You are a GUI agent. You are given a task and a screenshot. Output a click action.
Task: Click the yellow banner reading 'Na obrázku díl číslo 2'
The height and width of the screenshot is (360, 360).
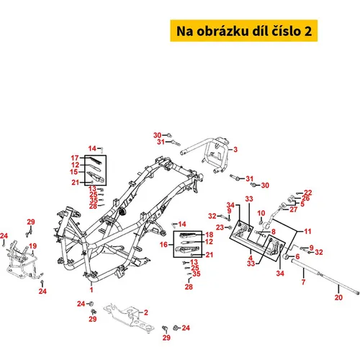[244, 31]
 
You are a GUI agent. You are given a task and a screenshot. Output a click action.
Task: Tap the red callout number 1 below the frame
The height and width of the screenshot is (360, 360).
[91, 289]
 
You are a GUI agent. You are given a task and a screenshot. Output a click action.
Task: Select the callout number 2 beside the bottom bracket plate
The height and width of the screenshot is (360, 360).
[146, 312]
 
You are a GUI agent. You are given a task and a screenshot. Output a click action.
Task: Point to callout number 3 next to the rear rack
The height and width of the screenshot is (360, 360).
[235, 149]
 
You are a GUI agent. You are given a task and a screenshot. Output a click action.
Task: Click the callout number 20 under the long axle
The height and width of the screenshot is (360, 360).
[338, 297]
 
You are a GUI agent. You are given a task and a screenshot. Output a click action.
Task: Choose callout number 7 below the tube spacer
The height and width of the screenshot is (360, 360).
[303, 282]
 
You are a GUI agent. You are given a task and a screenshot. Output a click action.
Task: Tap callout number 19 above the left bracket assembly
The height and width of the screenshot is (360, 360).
[33, 246]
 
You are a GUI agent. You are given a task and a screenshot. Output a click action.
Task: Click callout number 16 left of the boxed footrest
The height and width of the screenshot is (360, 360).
[163, 245]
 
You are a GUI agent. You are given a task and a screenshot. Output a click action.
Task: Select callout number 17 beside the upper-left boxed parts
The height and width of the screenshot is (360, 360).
[75, 158]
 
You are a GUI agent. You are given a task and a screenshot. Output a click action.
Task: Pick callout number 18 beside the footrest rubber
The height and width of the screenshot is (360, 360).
[210, 235]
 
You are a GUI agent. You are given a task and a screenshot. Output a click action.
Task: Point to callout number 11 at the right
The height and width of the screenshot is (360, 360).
[307, 231]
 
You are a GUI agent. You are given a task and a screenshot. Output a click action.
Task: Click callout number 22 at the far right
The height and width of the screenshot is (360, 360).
[308, 192]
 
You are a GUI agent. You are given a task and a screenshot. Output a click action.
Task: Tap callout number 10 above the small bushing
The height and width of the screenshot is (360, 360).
[261, 213]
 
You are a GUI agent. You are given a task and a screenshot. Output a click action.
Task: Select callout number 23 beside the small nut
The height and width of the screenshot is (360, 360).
[220, 227]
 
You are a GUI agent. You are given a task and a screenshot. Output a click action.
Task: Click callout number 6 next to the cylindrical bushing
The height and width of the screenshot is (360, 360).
[297, 256]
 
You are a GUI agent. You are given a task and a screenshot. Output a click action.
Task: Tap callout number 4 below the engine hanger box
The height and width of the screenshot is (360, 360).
[251, 258]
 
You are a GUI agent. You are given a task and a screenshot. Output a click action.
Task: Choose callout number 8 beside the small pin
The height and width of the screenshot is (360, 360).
[273, 232]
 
